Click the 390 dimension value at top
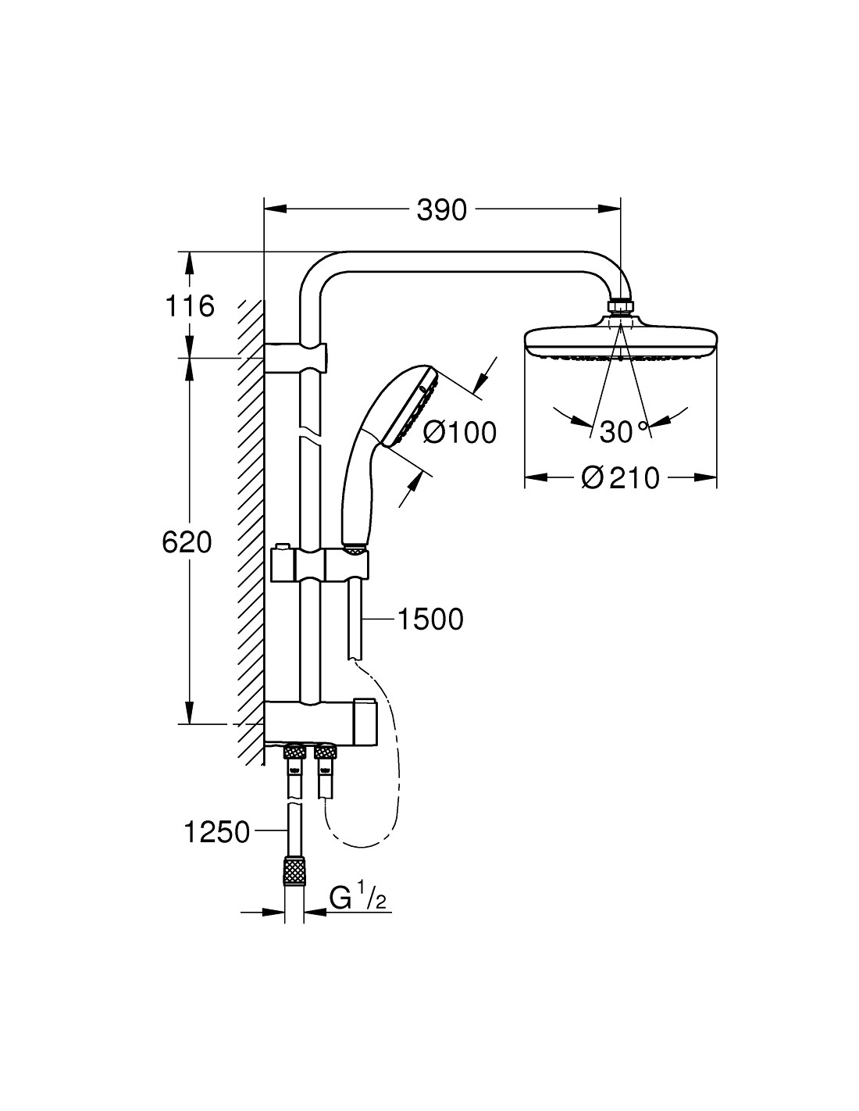(x=441, y=210)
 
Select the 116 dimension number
(x=190, y=306)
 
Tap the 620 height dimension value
(x=187, y=542)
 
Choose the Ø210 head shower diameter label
(x=620, y=478)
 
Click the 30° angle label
(x=623, y=432)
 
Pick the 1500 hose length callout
(x=430, y=619)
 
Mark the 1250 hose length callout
(x=216, y=832)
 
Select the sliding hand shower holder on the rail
(x=319, y=564)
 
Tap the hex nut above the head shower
(x=620, y=305)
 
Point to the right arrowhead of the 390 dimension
(x=610, y=209)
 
